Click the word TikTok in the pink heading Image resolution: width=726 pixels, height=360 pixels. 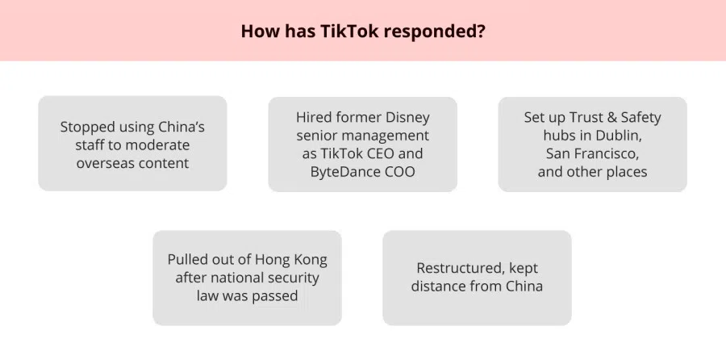(349, 31)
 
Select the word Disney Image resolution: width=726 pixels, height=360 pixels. (408, 118)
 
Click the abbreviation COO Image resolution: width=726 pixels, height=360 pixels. (400, 171)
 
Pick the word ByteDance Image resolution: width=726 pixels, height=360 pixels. (346, 171)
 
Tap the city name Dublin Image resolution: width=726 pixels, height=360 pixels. (620, 136)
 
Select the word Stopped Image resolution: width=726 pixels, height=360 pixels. (87, 128)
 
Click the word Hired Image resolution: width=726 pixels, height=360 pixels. (309, 118)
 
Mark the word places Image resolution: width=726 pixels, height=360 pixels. (625, 173)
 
